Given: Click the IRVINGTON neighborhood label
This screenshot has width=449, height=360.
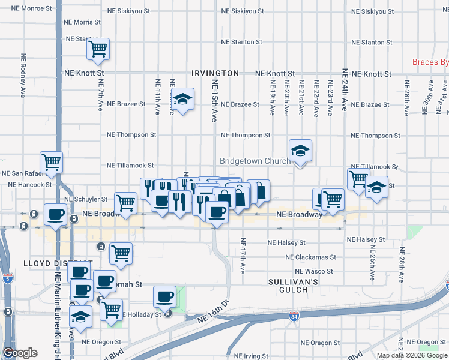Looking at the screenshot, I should point(215,73).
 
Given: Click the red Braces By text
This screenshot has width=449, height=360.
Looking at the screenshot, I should point(430,62).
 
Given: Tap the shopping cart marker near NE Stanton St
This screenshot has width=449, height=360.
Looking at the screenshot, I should point(98,49).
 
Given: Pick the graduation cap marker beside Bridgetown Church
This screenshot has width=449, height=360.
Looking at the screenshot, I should point(300,151).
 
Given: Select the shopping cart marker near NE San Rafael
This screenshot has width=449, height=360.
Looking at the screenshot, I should point(52,162).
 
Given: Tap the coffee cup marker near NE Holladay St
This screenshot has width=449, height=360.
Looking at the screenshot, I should point(164,297).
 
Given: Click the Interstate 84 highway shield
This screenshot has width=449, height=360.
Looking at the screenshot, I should point(294,316).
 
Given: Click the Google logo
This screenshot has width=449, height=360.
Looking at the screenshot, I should point(20,353).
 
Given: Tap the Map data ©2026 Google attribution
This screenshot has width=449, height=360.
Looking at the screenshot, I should point(412,355).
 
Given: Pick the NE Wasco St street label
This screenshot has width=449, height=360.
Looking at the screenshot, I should point(314,271).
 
